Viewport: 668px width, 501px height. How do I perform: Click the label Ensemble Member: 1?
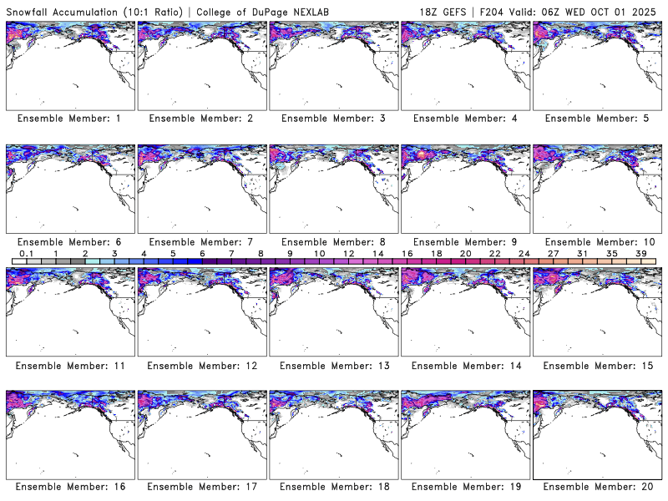(69, 119)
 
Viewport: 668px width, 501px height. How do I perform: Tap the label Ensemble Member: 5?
(596, 119)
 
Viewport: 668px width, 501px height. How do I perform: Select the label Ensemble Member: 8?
(332, 242)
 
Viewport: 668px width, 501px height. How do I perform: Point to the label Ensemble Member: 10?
(596, 242)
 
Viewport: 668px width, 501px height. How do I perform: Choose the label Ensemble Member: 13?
(332, 365)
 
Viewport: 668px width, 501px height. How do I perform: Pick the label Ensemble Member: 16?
(69, 486)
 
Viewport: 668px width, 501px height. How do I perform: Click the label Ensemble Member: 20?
(596, 486)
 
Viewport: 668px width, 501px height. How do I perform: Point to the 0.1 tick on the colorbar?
(26, 253)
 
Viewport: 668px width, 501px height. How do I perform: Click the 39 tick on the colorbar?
(640, 253)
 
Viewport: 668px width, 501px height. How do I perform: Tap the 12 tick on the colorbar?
(348, 253)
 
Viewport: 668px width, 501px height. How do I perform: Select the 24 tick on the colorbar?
(524, 253)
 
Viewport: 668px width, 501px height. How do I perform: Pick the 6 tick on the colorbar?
(202, 253)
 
